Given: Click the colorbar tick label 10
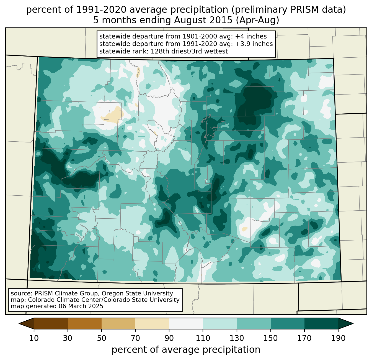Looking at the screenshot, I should [x=34, y=338].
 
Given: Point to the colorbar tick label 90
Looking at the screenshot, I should [x=169, y=338].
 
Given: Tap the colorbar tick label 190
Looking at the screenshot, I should [x=338, y=338].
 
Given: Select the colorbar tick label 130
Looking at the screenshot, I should [x=237, y=338].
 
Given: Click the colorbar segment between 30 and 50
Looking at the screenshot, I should [x=85, y=323].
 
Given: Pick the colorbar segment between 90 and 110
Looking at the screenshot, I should [x=186, y=323].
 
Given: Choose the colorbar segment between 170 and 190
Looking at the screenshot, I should [x=321, y=323].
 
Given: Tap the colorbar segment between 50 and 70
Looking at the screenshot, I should [x=118, y=323].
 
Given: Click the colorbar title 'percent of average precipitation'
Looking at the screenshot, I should [x=186, y=350].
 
